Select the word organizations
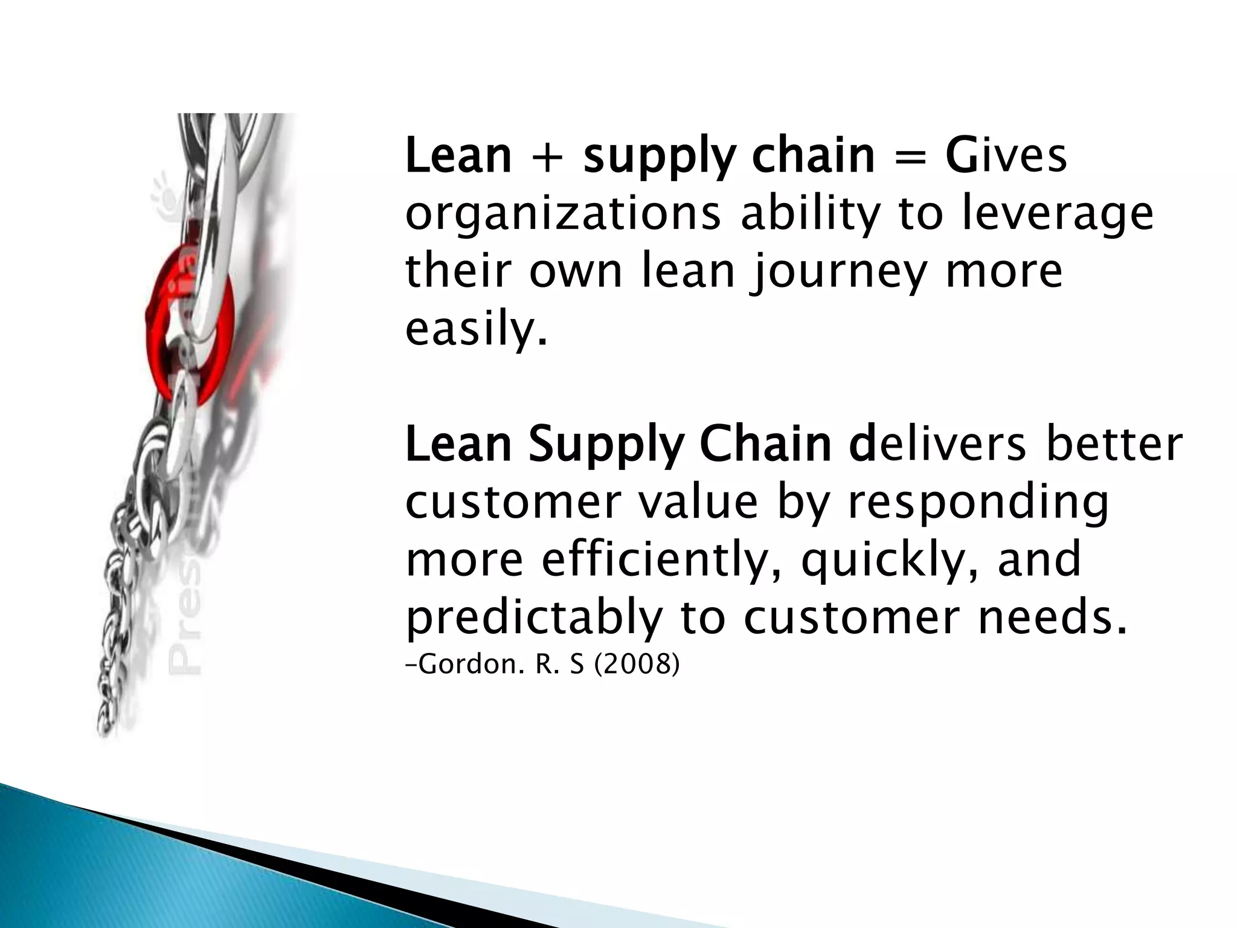pyautogui.click(x=562, y=215)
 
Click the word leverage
pyautogui.click(x=1056, y=215)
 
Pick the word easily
pyautogui.click(x=476, y=330)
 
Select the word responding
pyautogui.click(x=978, y=504)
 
